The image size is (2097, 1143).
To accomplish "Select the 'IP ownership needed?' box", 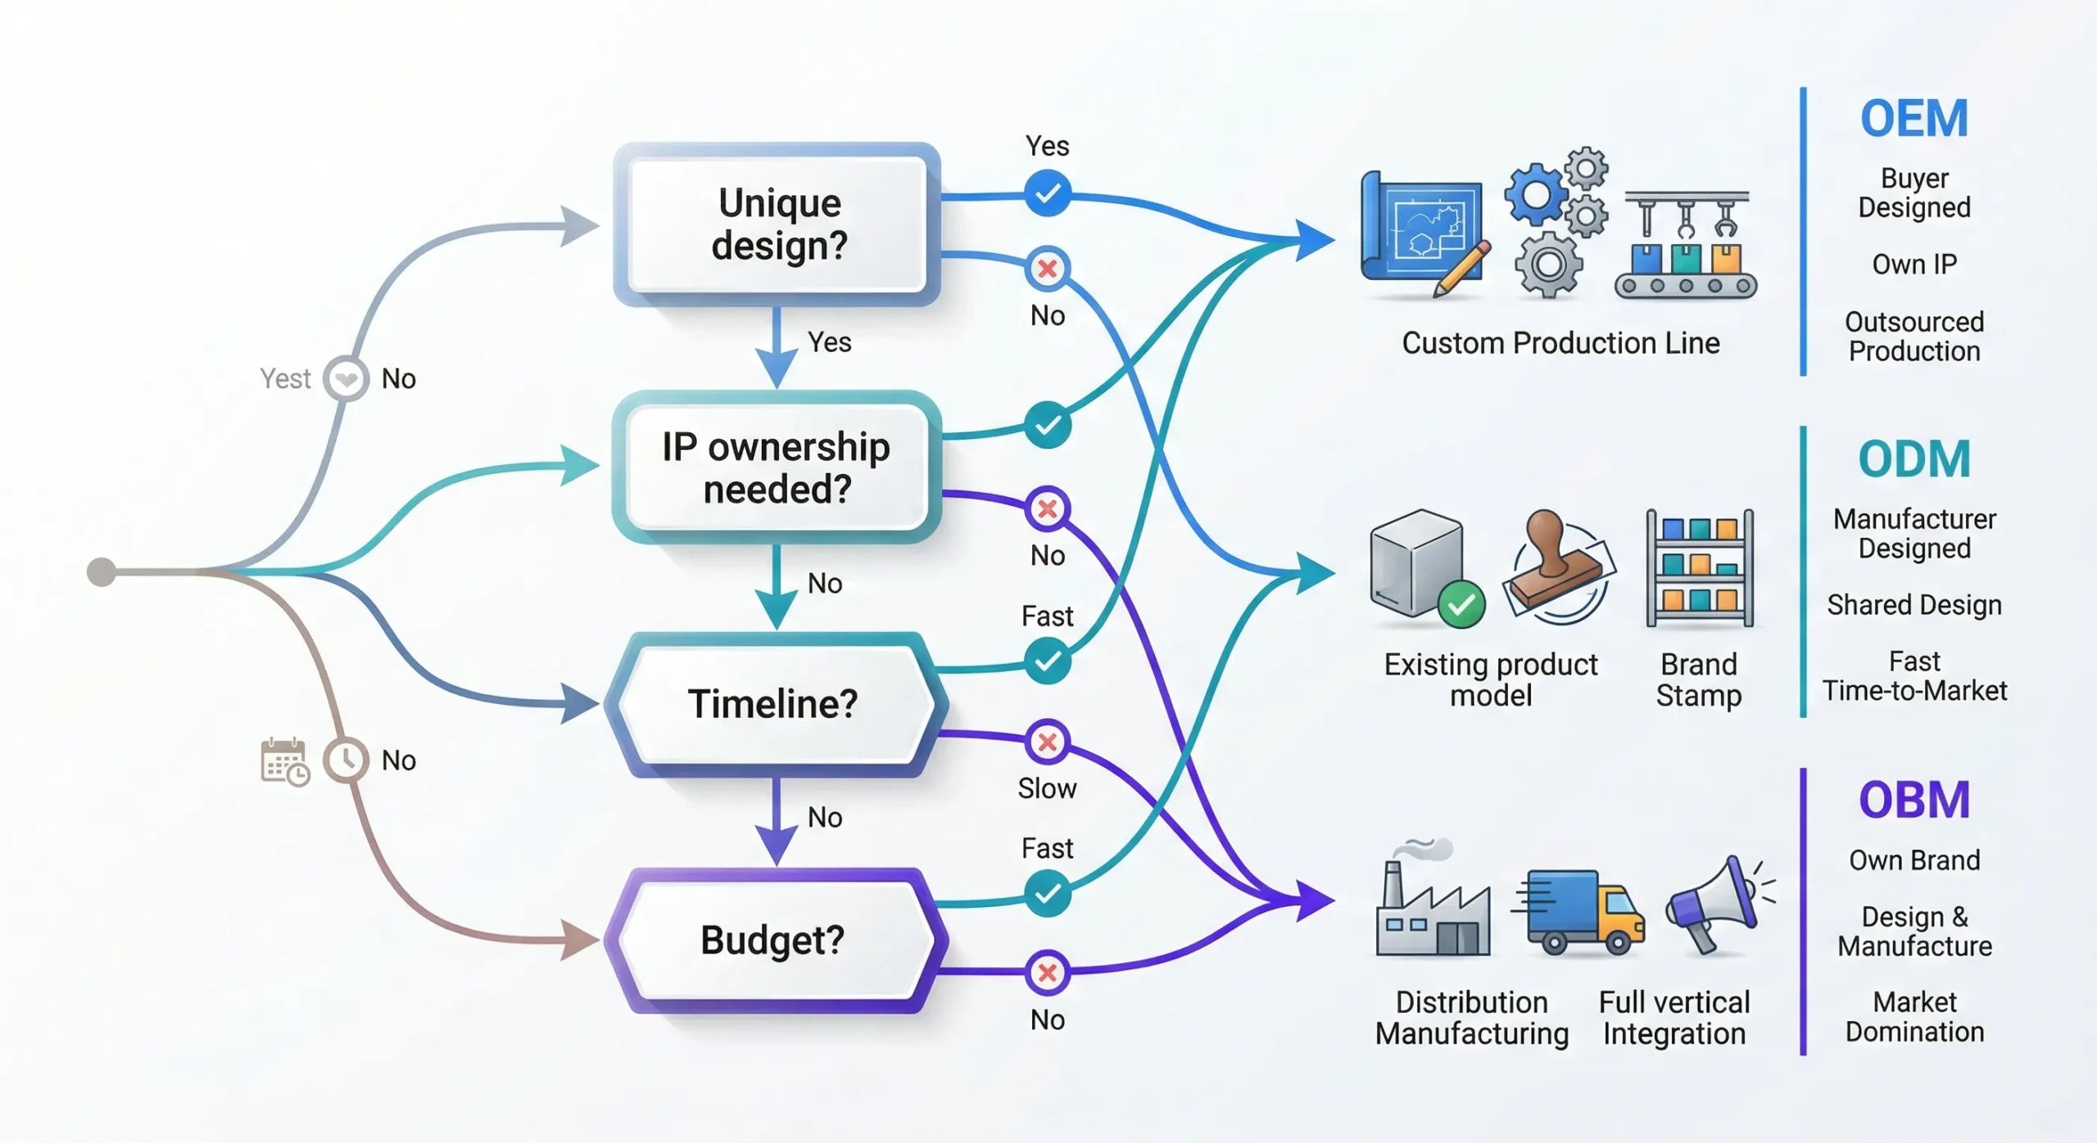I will (x=777, y=468).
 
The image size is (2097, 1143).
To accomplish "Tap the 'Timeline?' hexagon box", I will (x=773, y=703).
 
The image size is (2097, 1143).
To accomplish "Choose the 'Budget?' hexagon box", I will (x=773, y=939).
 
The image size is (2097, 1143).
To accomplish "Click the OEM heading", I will (x=1914, y=119).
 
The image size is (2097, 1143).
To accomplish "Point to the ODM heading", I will (x=1914, y=459).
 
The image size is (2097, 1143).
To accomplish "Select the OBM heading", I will (x=1914, y=800).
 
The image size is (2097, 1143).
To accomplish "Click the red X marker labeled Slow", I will (x=1047, y=742).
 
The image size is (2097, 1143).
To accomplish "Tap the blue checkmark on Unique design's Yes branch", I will (x=1047, y=193).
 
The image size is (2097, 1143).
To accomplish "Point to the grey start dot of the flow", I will (x=102, y=571).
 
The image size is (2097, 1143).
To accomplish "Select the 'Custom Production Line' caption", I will (x=1560, y=343).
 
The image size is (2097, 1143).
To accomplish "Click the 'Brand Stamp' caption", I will (x=1699, y=680).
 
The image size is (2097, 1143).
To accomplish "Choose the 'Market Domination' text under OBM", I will (x=1914, y=1016).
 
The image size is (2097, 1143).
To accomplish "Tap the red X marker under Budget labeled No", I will (x=1047, y=973).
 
